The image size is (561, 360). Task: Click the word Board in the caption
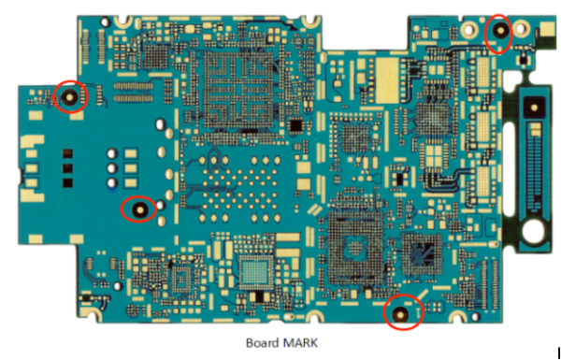click(x=263, y=342)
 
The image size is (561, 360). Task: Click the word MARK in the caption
click(x=299, y=342)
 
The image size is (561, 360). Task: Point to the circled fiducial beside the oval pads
click(x=140, y=209)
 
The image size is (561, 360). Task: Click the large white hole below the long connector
click(x=532, y=230)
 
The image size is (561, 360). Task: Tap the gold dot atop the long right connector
click(x=533, y=108)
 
